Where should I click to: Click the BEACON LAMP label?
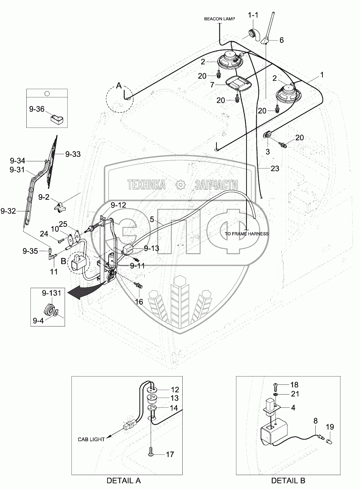coord(219,19)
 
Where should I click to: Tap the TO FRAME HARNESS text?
coord(247,234)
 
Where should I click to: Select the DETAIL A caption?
coord(124,481)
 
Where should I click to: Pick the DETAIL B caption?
coord(288,481)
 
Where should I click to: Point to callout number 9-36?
coord(36,109)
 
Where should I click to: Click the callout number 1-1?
coord(253,15)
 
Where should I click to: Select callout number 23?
coord(275,169)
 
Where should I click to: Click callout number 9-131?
coord(51,293)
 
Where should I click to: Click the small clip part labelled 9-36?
coord(57,119)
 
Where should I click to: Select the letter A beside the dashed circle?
coord(119,86)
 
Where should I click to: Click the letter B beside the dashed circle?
coord(64,261)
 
